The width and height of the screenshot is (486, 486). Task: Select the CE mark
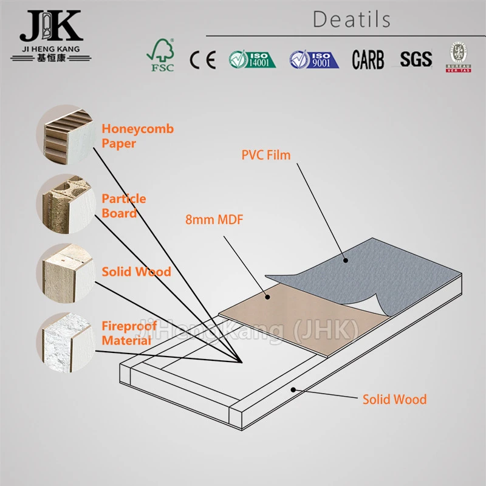(x=202, y=59)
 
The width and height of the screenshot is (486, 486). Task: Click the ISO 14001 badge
(x=252, y=59)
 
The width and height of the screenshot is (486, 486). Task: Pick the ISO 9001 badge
(x=313, y=59)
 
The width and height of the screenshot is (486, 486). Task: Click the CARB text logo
(x=368, y=59)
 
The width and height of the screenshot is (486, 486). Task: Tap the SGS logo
(x=416, y=59)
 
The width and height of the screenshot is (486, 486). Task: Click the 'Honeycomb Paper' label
(x=137, y=136)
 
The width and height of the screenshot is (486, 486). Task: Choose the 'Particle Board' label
(x=123, y=205)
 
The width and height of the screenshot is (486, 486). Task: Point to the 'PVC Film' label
(x=265, y=155)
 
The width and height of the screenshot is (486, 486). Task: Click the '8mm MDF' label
(x=214, y=219)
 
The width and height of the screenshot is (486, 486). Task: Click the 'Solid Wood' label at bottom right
(x=394, y=399)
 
